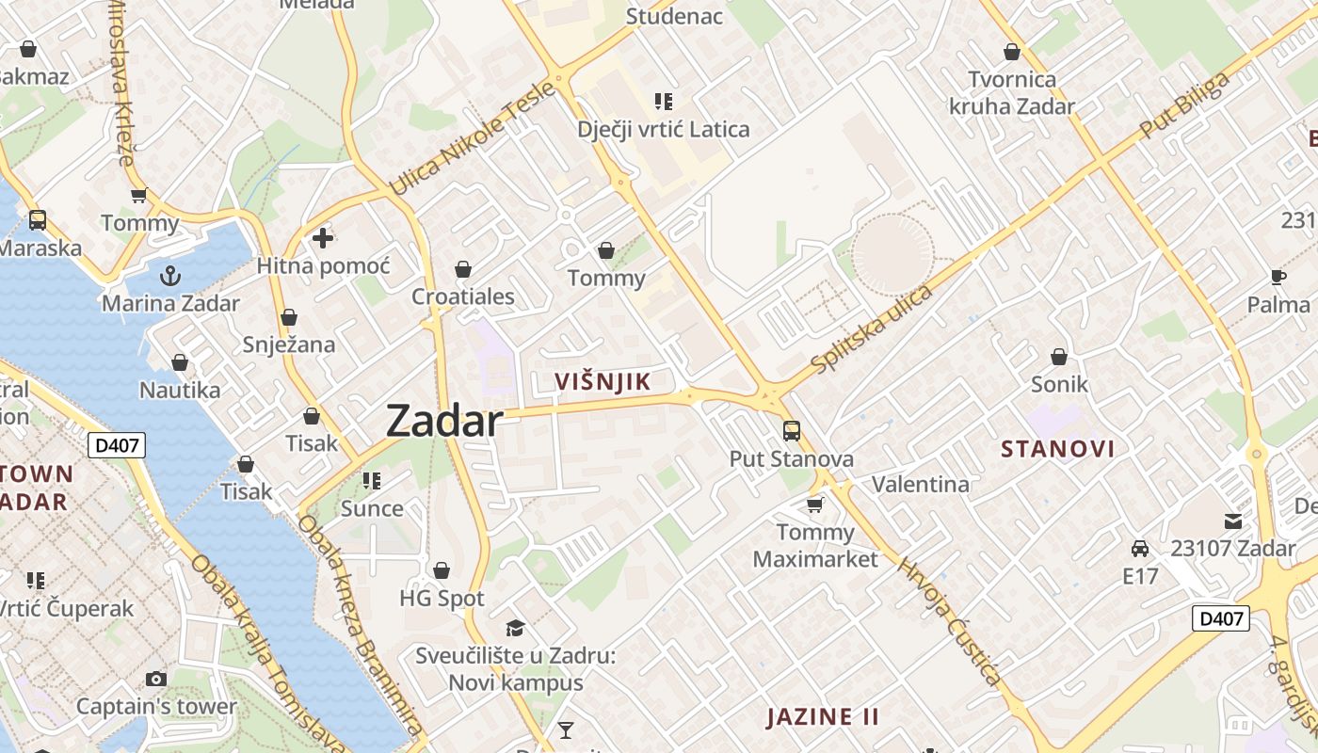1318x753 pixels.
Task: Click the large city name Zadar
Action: pyautogui.click(x=444, y=421)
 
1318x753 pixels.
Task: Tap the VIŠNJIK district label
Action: pyautogui.click(x=603, y=381)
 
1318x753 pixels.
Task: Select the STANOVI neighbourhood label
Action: pyautogui.click(x=1057, y=448)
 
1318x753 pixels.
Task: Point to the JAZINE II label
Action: pyautogui.click(x=823, y=716)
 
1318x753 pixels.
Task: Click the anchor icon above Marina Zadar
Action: pyautogui.click(x=170, y=276)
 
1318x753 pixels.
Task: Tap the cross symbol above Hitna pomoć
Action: pyautogui.click(x=323, y=238)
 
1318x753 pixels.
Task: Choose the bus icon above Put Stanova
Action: pyautogui.click(x=792, y=431)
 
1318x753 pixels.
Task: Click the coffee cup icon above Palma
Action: pyautogui.click(x=1278, y=277)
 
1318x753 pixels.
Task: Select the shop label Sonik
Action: pyautogui.click(x=1059, y=384)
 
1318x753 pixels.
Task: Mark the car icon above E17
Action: pyautogui.click(x=1140, y=548)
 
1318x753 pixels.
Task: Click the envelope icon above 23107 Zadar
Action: pyautogui.click(x=1232, y=521)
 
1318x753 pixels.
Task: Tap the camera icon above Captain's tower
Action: pyautogui.click(x=156, y=679)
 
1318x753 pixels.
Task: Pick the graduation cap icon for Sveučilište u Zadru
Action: pyautogui.click(x=515, y=628)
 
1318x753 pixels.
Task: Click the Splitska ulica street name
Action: pyautogui.click(x=872, y=328)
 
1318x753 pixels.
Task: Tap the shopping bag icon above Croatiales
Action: pyautogui.click(x=463, y=270)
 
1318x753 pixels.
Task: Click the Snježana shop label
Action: pyautogui.click(x=289, y=344)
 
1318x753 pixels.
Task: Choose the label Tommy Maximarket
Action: pyautogui.click(x=815, y=546)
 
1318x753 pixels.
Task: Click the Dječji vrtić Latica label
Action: pyautogui.click(x=664, y=129)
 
